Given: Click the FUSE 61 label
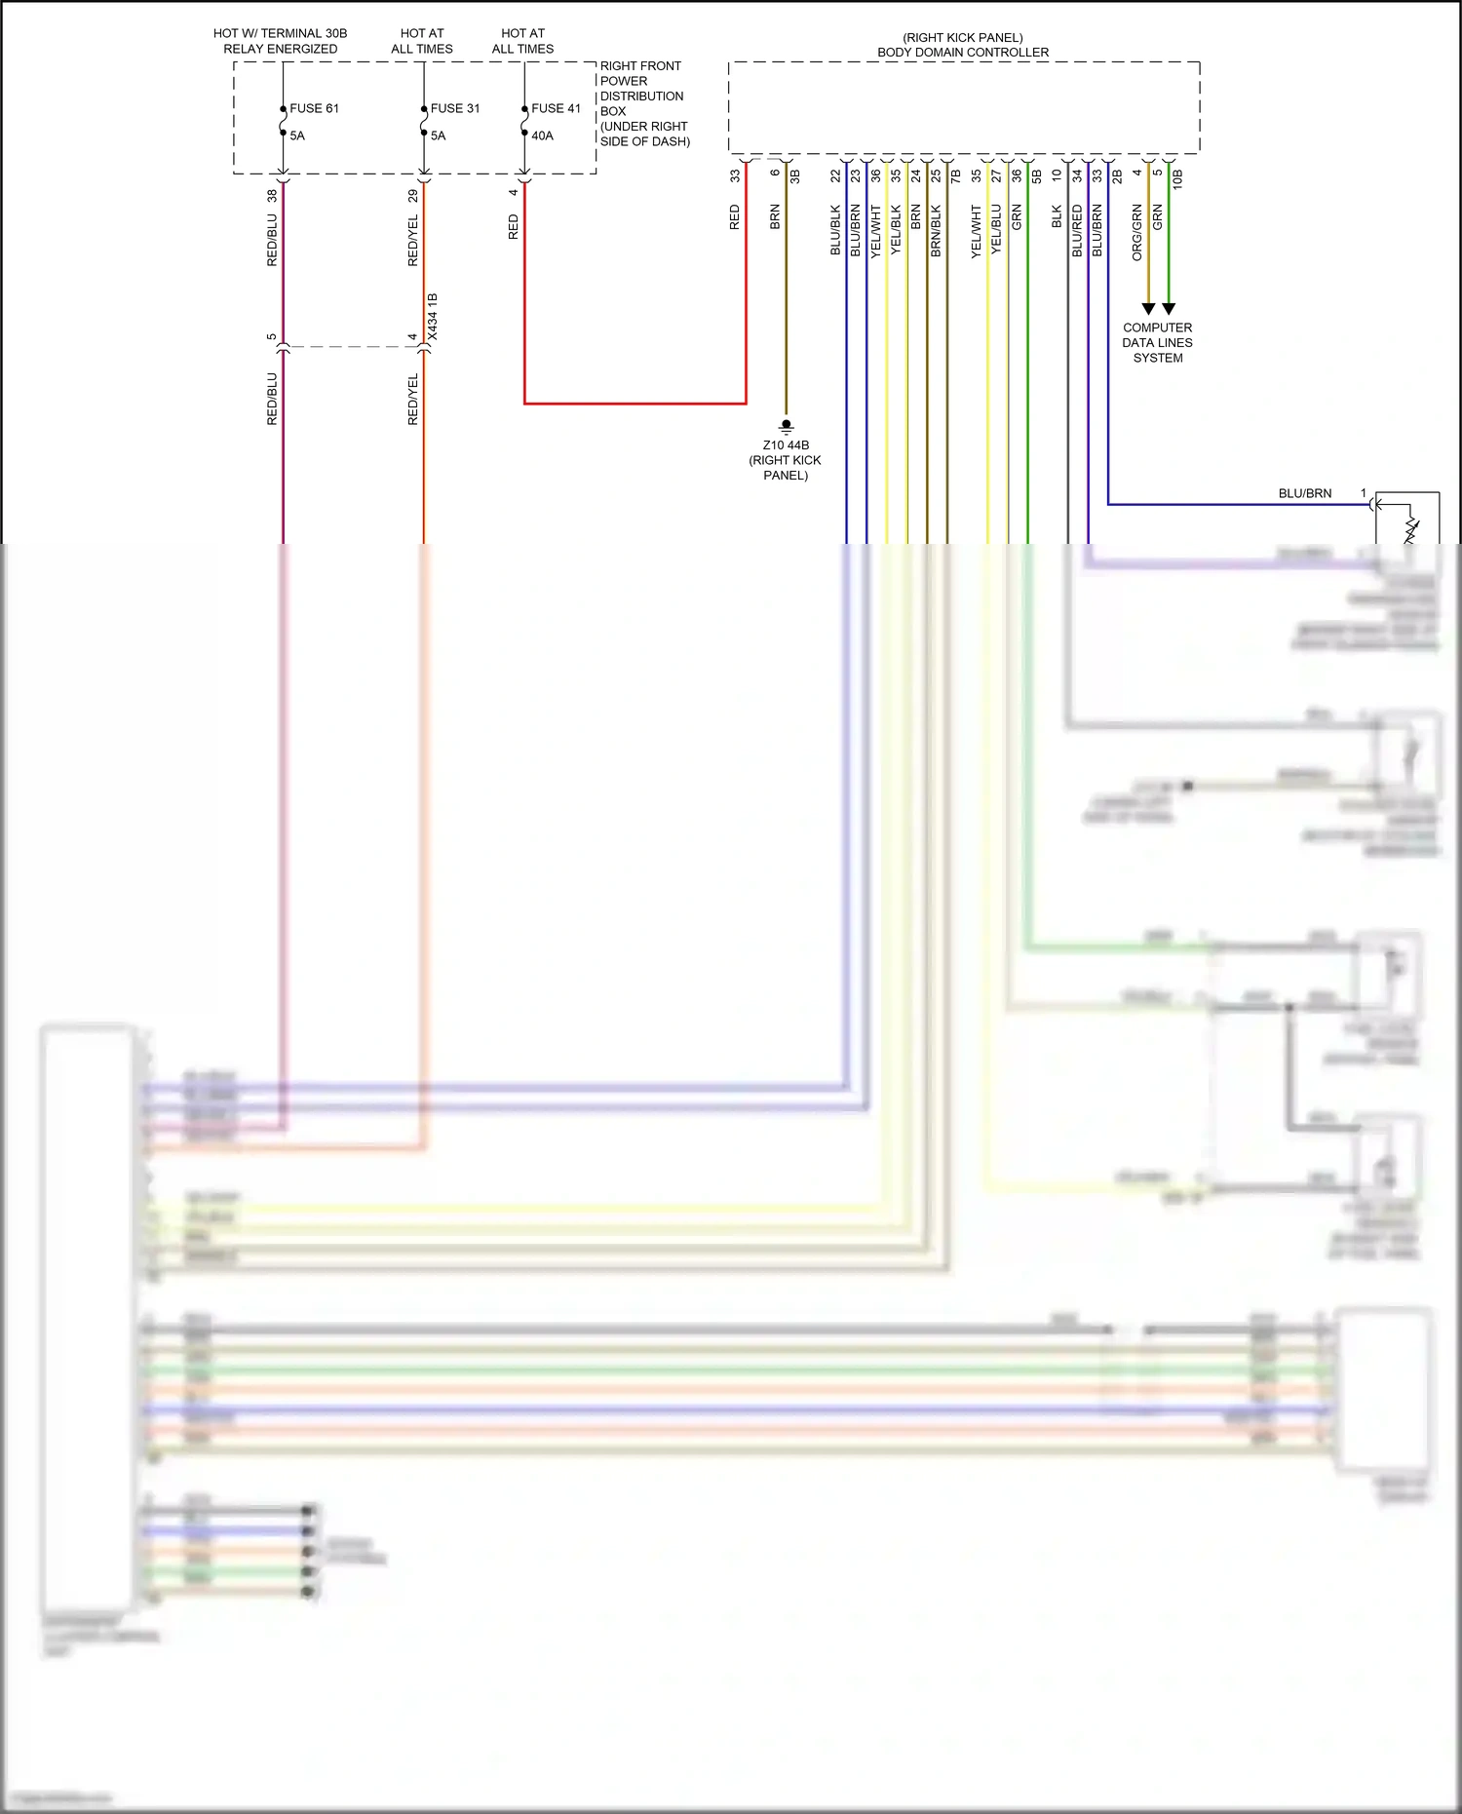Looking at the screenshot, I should click(x=314, y=108).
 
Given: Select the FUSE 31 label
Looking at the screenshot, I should click(x=455, y=108).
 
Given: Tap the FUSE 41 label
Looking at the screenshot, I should click(x=556, y=108).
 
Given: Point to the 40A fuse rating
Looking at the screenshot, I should click(x=542, y=135).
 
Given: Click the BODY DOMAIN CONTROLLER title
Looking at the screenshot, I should click(x=963, y=52).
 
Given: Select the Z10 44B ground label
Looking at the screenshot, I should click(x=786, y=445).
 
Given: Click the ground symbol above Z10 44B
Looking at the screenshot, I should click(x=787, y=425).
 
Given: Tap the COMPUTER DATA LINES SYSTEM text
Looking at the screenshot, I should click(x=1157, y=343).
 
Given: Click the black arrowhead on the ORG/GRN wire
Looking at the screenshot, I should click(x=1148, y=308).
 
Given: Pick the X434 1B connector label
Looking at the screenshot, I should click(x=433, y=317).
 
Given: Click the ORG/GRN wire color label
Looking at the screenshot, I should click(x=1136, y=232).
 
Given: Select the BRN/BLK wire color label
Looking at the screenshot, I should click(x=936, y=231).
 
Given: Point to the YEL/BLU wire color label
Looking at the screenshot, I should click(x=996, y=230).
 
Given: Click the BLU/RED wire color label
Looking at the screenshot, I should click(x=1077, y=230).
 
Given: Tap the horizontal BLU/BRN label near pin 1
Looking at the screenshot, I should click(x=1304, y=493).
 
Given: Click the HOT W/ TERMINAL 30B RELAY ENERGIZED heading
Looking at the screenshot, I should click(x=281, y=41).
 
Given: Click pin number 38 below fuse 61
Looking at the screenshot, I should click(x=272, y=195).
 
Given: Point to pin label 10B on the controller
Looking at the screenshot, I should click(x=1177, y=178).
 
